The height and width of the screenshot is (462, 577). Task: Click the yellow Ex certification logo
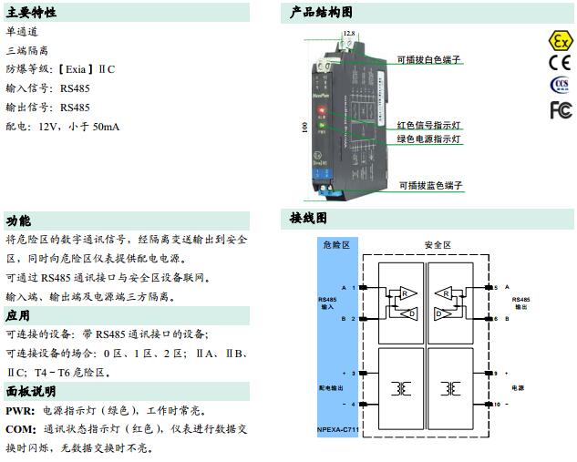tap(559, 41)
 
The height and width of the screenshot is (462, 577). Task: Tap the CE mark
tap(559, 63)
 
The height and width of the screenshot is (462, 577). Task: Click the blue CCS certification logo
tap(559, 86)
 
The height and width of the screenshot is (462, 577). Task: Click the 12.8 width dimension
tap(348, 34)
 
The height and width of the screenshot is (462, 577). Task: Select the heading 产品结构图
tap(320, 12)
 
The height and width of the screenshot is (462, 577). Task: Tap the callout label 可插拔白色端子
tap(429, 59)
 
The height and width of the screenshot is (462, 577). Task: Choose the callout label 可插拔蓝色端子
tap(429, 185)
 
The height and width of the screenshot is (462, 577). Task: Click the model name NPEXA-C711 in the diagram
tap(337, 430)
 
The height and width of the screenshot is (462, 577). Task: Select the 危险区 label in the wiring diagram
tap(335, 244)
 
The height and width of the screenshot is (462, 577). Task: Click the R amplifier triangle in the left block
tap(404, 293)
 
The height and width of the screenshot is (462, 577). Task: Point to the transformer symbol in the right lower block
tap(449, 387)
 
